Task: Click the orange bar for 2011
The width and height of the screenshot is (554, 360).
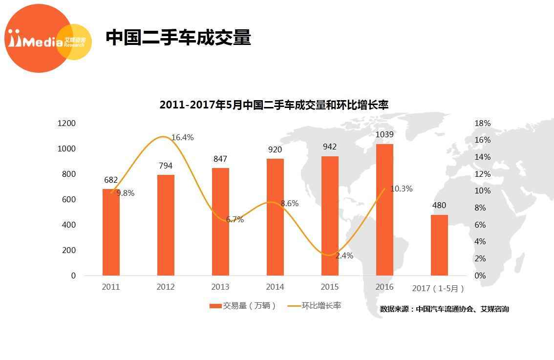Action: point(111,232)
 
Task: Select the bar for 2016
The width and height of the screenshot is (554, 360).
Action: point(384,210)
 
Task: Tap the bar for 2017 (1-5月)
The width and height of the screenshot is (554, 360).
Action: point(439,245)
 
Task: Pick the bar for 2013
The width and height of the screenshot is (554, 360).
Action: point(220,222)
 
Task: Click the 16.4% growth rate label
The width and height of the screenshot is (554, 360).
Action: point(182,138)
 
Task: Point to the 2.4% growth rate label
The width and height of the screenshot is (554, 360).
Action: point(344,255)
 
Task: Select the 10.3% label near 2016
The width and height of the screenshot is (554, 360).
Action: point(402,189)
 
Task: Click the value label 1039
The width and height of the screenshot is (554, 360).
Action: point(384,134)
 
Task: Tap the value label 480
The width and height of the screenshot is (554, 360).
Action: point(439,206)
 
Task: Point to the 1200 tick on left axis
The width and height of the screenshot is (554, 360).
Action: point(66,123)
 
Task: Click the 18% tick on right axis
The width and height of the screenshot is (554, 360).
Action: point(483,123)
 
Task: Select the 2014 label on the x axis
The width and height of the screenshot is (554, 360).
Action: point(275,287)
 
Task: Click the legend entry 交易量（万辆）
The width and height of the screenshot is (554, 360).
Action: point(243,306)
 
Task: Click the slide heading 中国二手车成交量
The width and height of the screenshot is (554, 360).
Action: point(178,38)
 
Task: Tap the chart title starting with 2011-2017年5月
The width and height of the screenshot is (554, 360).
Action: point(274,105)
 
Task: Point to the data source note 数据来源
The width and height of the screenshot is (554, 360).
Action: point(444,309)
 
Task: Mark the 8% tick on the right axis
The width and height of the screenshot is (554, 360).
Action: point(481,208)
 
